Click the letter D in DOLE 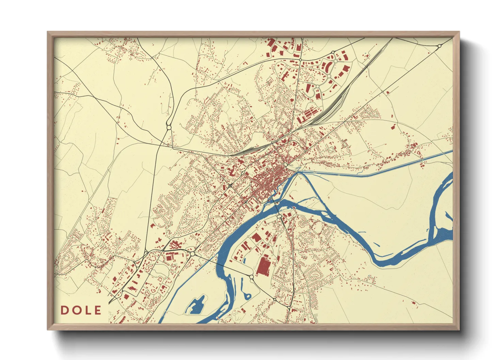pyautogui.click(x=64, y=310)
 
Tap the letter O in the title pyautogui.click(x=76, y=310)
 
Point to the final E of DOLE pyautogui.click(x=98, y=310)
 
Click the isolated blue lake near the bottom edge pyautogui.click(x=195, y=305)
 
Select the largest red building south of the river pyautogui.click(x=262, y=266)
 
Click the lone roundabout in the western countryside pyautogui.click(x=169, y=128)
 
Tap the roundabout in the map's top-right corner pyautogui.click(x=439, y=46)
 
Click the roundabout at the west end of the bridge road pyautogui.click(x=192, y=254)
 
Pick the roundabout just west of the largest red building pyautogui.click(x=252, y=277)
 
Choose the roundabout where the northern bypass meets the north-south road pyautogui.click(x=300, y=60)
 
